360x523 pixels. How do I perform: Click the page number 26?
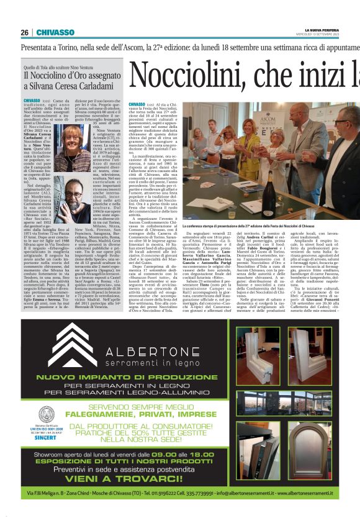tap(25, 32)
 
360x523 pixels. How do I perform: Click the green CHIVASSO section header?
tap(56, 32)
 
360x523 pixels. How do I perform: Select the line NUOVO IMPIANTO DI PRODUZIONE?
tap(146, 377)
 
